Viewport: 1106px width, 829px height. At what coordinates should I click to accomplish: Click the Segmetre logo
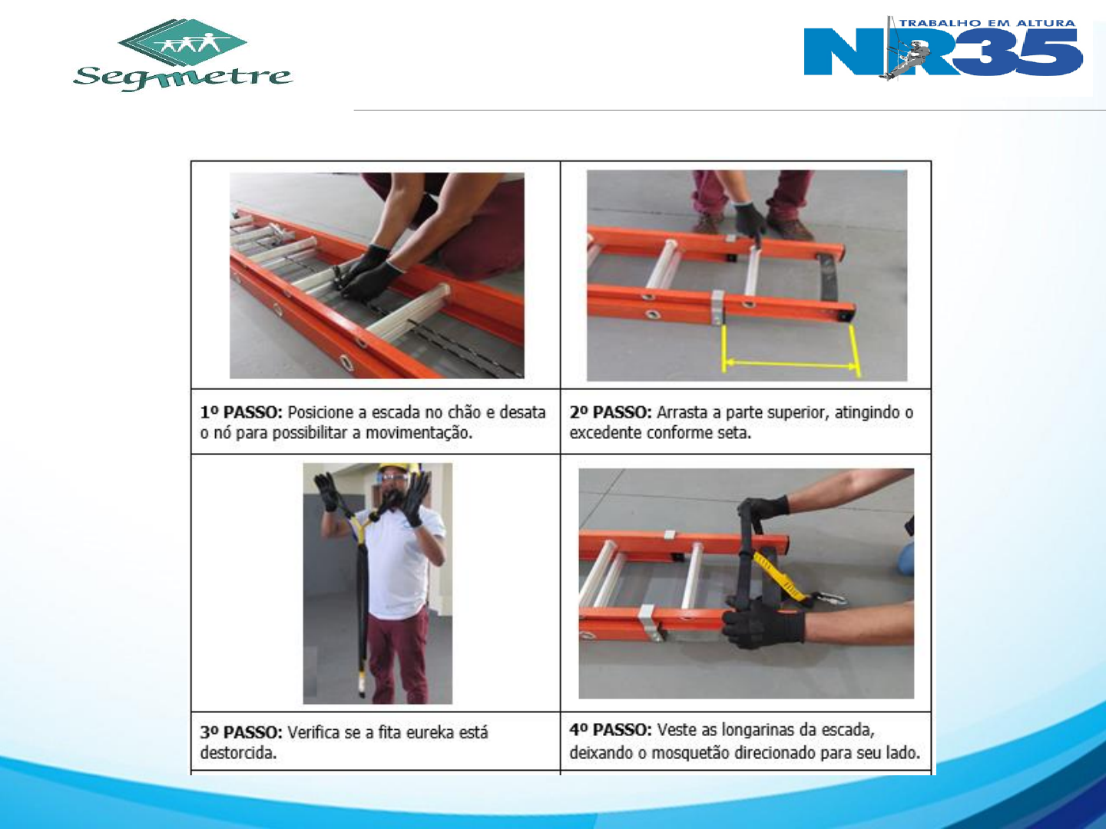click(182, 55)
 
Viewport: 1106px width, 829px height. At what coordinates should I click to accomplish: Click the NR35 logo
click(942, 48)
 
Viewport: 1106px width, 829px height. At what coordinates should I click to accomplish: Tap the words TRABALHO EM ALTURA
click(987, 23)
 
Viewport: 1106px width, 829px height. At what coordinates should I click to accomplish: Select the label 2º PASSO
click(611, 412)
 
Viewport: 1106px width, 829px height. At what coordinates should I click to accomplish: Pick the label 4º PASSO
click(611, 729)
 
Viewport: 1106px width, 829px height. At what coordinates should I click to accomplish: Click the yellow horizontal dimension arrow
click(790, 362)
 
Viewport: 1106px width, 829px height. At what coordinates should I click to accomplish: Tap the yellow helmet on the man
click(399, 467)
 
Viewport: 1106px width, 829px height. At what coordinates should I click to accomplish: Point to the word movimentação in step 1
click(419, 434)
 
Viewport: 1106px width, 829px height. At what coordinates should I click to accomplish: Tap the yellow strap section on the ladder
click(779, 576)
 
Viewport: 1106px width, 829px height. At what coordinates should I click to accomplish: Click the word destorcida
click(238, 753)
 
